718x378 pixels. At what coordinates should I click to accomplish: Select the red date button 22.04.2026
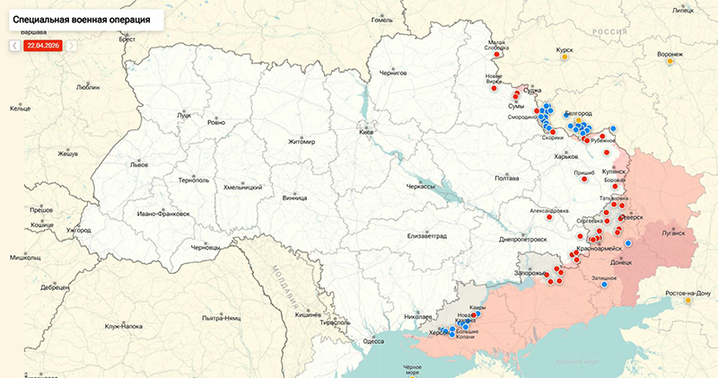(x=43, y=45)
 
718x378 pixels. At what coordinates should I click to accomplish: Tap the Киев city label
(x=365, y=132)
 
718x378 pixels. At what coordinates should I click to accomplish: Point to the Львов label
(x=139, y=165)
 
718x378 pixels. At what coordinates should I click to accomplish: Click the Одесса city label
(x=373, y=341)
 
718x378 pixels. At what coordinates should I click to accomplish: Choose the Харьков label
(x=566, y=156)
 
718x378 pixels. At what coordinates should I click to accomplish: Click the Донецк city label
(x=621, y=262)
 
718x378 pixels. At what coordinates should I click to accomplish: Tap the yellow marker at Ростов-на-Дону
(x=688, y=301)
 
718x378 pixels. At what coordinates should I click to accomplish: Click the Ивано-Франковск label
(x=163, y=214)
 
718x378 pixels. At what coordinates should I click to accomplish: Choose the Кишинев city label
(x=308, y=315)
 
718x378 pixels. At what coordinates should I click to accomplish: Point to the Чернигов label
(x=393, y=72)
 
